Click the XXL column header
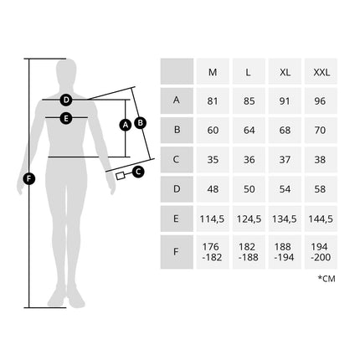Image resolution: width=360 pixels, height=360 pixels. (x=321, y=72)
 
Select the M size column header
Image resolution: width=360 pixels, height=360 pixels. (x=213, y=72)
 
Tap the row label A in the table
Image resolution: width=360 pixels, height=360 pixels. (x=177, y=100)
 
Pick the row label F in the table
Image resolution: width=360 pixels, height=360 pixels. (x=176, y=252)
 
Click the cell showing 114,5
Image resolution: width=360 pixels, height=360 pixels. (x=212, y=219)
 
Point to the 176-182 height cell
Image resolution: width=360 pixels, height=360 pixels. (x=212, y=252)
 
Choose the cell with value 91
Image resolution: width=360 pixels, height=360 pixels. (x=285, y=101)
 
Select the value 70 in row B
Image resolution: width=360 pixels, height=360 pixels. (x=320, y=130)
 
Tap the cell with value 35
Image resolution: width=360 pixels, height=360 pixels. (x=213, y=160)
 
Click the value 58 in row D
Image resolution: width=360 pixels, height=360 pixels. (x=320, y=189)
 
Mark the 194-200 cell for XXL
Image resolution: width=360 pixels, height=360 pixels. (x=321, y=252)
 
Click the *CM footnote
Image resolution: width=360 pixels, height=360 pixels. (x=327, y=279)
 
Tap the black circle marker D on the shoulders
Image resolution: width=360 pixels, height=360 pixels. (x=66, y=100)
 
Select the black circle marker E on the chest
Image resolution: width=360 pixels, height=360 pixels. (x=66, y=118)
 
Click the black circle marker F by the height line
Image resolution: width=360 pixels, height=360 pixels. (x=29, y=178)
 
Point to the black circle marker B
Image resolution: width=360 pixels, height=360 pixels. (x=141, y=123)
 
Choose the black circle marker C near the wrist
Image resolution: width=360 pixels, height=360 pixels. (x=138, y=172)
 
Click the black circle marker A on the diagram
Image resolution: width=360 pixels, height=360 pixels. (x=126, y=125)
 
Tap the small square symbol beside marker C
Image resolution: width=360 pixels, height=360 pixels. (x=120, y=176)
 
